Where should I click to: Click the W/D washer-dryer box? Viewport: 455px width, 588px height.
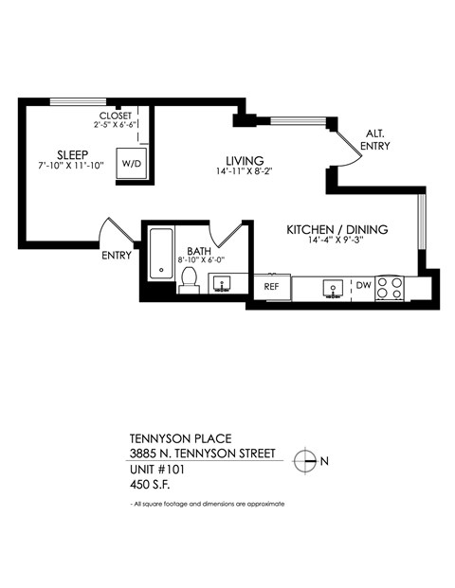(130, 163)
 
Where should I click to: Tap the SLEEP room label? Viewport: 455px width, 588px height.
(73, 154)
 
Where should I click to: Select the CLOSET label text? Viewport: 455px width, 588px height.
(115, 115)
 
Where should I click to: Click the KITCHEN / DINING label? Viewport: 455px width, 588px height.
(338, 229)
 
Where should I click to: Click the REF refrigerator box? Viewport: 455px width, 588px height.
(271, 285)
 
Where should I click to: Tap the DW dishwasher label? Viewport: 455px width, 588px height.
(363, 284)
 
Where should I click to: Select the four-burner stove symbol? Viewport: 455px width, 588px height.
(390, 287)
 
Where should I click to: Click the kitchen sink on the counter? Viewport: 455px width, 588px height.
(333, 286)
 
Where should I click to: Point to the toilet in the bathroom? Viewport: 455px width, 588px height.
(189, 280)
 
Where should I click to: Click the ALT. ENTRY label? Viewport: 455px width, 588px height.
(373, 139)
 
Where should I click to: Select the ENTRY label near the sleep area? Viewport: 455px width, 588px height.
(118, 255)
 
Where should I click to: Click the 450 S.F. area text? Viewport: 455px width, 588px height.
(154, 484)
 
